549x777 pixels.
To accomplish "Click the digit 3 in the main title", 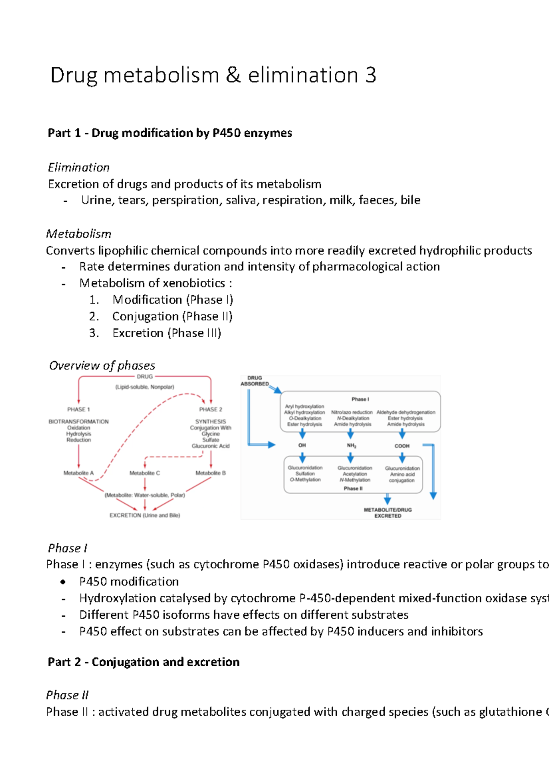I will coord(371,76).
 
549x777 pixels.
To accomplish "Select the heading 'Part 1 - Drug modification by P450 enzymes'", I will coord(170,133).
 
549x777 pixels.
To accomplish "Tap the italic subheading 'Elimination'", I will coord(79,167).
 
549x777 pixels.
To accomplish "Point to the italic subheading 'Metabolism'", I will coord(79,234).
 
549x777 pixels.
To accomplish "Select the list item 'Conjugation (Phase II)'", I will coord(172,317).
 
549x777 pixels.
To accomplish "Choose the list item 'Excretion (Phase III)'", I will coord(167,333).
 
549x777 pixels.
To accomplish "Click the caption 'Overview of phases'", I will coord(102,366).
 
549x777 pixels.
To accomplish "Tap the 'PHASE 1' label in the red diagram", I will coord(79,410).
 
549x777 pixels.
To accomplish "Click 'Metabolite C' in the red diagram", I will coord(145,473).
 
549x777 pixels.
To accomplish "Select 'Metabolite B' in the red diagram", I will coord(210,473).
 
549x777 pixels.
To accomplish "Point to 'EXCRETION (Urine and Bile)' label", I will coord(145,515).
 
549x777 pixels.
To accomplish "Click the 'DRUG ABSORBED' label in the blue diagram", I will coord(255,381).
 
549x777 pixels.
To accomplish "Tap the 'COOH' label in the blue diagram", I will coord(402,446).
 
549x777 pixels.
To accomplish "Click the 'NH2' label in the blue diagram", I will coord(351,446).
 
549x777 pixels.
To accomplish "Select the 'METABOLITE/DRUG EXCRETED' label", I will coord(388,513).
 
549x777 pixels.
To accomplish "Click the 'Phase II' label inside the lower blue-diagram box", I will coord(353,489).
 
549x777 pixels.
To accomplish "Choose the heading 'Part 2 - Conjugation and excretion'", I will coord(144,662).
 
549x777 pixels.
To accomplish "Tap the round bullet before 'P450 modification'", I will coord(63,582).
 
